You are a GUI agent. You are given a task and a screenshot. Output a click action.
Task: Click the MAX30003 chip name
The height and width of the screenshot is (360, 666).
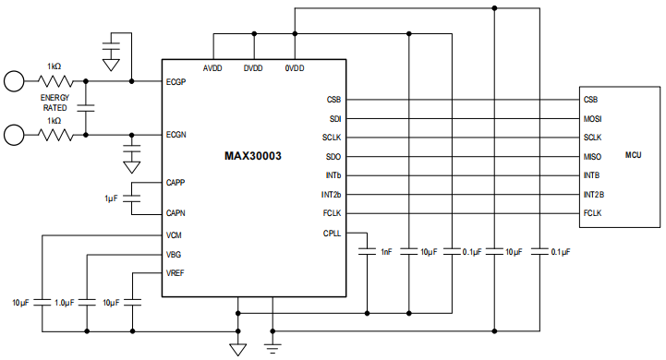(253, 156)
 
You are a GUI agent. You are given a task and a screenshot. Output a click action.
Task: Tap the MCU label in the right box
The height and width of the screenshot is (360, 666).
(633, 156)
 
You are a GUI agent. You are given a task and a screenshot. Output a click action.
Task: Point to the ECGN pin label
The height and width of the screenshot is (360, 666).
(176, 135)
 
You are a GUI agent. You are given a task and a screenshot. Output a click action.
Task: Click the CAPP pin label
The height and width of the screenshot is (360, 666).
(176, 182)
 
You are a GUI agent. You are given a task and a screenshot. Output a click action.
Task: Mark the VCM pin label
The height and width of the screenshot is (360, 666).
(174, 235)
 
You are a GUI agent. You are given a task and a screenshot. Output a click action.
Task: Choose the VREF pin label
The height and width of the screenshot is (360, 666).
(175, 273)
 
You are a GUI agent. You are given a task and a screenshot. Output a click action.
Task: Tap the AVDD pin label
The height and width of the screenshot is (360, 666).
(214, 68)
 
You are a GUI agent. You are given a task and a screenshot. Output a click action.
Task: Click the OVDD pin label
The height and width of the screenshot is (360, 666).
(295, 68)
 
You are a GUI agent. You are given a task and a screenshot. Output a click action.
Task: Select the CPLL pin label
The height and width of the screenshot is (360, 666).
(332, 234)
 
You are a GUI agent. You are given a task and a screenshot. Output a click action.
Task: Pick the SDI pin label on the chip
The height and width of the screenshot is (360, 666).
(335, 118)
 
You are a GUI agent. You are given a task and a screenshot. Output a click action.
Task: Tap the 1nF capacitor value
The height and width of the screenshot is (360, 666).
(384, 251)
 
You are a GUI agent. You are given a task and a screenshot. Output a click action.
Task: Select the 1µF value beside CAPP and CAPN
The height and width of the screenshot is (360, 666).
(112, 198)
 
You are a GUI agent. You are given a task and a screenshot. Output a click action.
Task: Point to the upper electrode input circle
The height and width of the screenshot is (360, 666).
(14, 80)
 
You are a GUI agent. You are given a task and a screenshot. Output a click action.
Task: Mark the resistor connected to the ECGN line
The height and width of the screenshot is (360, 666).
(54, 135)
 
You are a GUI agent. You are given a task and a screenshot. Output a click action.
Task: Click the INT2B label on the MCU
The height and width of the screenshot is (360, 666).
(593, 195)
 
